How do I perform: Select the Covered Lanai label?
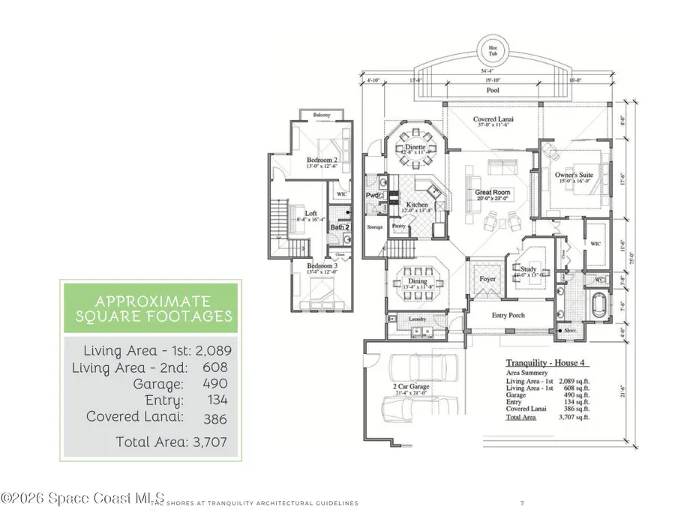click(492, 119)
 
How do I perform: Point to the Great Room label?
click(492, 193)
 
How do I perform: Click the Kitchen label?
click(417, 204)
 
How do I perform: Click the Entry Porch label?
click(508, 315)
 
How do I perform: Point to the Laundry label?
click(416, 319)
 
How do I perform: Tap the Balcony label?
click(322, 115)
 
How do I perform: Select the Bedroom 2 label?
click(322, 160)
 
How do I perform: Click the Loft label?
click(311, 213)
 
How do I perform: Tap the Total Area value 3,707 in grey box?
click(210, 442)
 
